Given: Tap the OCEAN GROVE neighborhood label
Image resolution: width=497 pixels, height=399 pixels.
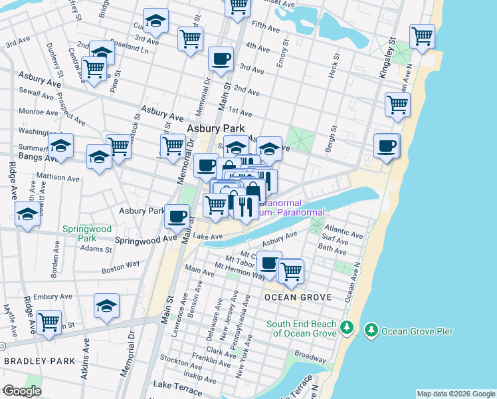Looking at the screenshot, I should point(293,297).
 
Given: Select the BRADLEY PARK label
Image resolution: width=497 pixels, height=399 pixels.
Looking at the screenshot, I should point(31,361).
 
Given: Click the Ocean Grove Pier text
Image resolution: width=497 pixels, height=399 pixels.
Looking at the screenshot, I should point(413,329).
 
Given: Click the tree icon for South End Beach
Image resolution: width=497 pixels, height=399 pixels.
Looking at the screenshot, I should point(346,328).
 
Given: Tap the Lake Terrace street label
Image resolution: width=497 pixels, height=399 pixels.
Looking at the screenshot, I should point(176,385).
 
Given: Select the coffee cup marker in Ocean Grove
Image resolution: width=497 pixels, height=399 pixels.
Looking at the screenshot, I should point(269,263).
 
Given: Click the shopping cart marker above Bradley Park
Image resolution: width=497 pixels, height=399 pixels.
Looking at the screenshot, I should point(49,322).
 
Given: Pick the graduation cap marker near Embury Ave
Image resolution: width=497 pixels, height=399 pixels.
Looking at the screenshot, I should point(106,305).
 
